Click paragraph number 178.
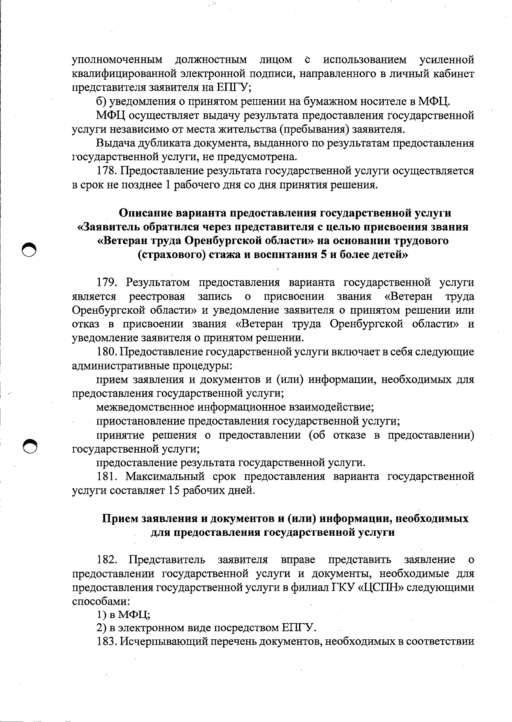click(107, 171)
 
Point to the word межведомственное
click(145, 407)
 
